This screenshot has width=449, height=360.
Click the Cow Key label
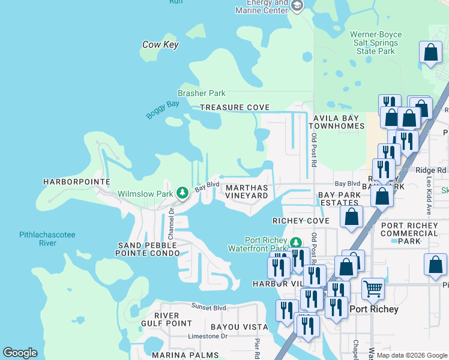point(160,44)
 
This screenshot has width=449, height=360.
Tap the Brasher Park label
point(202,93)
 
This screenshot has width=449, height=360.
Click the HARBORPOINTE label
point(77,181)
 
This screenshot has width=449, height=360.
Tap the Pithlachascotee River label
point(47,239)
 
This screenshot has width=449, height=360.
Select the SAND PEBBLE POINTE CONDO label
point(149,250)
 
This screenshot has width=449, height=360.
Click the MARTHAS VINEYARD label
point(246,191)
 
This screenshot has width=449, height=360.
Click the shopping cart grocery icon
point(373,289)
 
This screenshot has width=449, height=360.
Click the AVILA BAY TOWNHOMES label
point(337,122)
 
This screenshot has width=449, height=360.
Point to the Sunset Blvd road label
point(209,308)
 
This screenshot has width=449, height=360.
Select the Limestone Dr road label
point(208,336)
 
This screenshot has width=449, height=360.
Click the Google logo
point(20,353)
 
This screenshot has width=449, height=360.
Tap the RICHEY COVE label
point(301,221)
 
